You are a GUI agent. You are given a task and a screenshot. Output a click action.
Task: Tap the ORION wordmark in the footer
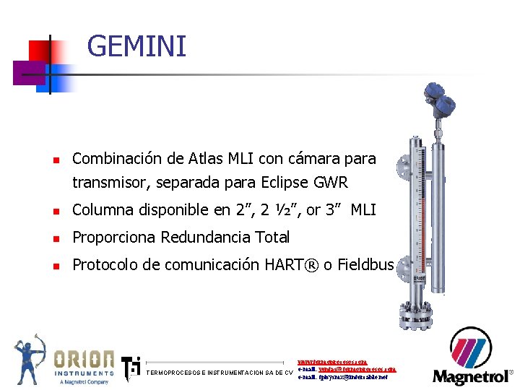tap(82, 359)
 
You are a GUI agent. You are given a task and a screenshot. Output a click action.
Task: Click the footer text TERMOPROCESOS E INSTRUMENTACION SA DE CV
tap(219, 373)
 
